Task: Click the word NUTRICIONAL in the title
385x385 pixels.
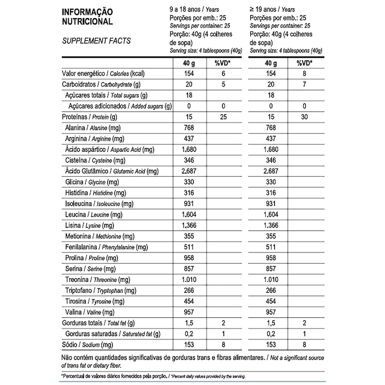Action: pos(87,22)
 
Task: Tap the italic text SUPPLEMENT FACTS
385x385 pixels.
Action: pos(96,41)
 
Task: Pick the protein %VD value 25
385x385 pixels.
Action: pos(223,116)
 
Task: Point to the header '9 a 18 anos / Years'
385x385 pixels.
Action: pos(194,9)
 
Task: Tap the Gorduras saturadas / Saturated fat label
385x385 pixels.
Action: pos(116,334)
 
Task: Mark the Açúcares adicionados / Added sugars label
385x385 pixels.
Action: pos(120,106)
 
